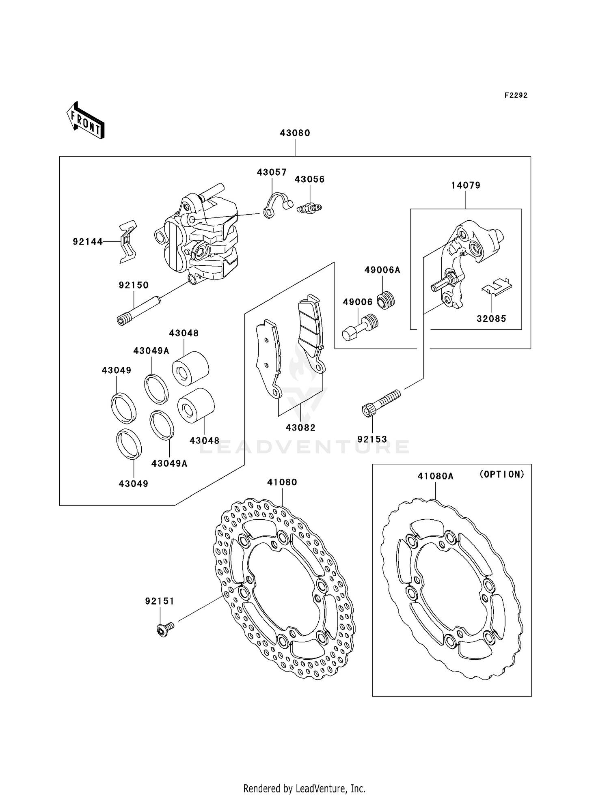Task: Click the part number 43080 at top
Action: tap(295, 133)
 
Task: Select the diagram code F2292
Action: tap(516, 95)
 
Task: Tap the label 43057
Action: tap(272, 172)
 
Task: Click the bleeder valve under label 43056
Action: tap(309, 208)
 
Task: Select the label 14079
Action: tap(466, 185)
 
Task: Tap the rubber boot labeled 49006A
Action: tap(386, 301)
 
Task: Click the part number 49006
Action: tap(357, 302)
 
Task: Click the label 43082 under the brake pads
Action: tap(300, 428)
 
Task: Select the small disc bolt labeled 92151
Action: tap(164, 630)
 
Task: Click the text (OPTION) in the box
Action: tap(502, 474)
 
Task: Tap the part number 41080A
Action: tap(435, 476)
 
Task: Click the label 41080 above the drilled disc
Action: tap(282, 482)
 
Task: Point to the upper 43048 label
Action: tap(184, 333)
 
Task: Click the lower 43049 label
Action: tap(134, 484)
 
